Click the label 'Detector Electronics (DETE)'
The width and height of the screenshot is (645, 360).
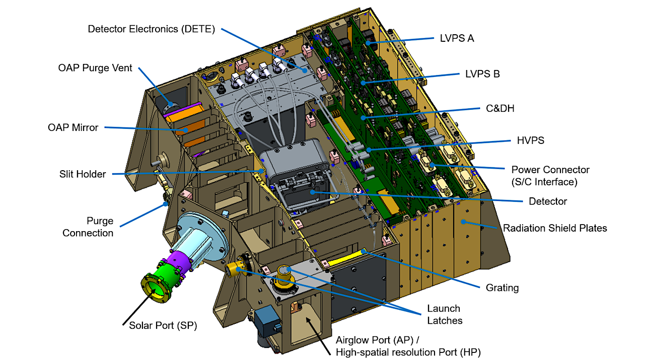[x=152, y=29]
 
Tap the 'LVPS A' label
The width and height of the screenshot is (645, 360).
[x=457, y=38]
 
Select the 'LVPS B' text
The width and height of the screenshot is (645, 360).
[x=482, y=74]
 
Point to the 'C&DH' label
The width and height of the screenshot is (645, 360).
[x=500, y=109]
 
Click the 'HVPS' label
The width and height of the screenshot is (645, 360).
[x=530, y=140]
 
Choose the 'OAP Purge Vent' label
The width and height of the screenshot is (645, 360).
[x=95, y=68]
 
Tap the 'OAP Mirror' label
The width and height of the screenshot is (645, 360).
[x=73, y=127]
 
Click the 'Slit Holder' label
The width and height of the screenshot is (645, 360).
[x=83, y=174]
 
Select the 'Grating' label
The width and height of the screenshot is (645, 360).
[x=502, y=287]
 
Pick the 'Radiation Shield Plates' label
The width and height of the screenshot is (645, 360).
[x=555, y=228]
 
